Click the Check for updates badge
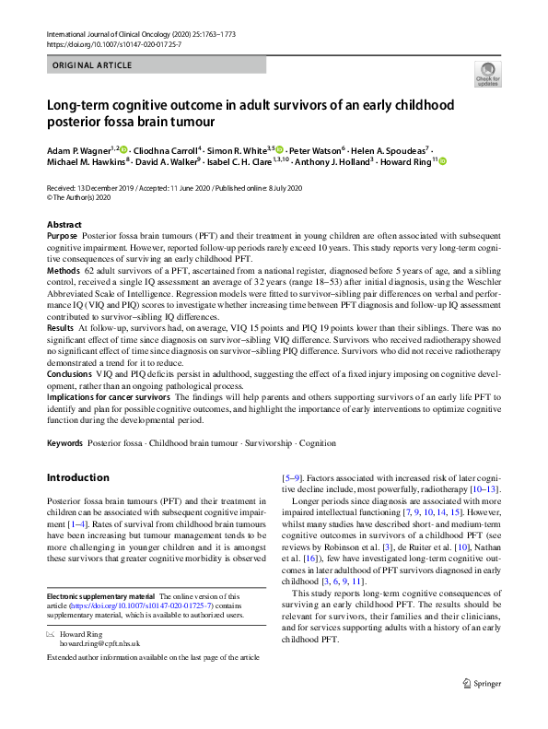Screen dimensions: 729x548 tap(487, 75)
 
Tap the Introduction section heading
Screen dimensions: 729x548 tap(77, 477)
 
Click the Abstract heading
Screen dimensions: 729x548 tap(65, 225)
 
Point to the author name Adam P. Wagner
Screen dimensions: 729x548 tap(78, 147)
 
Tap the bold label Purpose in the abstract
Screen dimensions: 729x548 tap(63, 237)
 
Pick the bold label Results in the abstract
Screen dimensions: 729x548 tap(61, 327)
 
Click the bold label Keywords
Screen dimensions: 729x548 tap(64, 443)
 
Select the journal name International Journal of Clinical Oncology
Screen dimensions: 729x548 tap(111, 34)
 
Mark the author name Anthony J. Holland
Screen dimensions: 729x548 tap(328, 161)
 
